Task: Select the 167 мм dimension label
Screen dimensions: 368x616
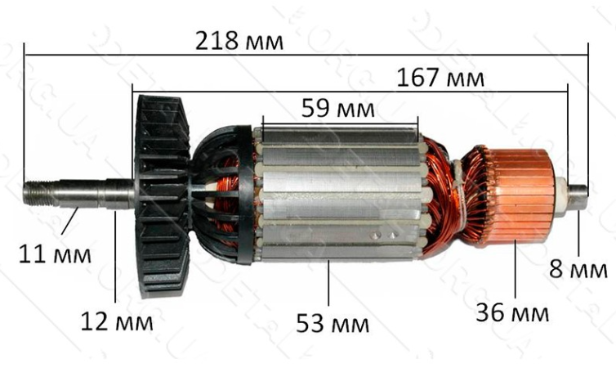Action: point(440,79)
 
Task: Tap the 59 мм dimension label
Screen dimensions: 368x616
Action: point(338,109)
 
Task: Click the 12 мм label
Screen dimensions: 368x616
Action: point(116,321)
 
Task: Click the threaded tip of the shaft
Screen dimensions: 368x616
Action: point(37,193)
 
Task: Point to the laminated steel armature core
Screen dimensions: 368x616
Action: point(339,196)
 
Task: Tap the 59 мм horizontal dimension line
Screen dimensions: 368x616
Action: point(340,124)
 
